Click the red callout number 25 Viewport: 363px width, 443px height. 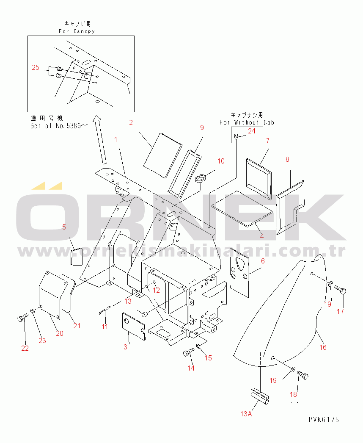[36, 67]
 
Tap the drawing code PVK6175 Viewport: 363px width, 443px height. [324, 420]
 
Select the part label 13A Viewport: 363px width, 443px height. [246, 414]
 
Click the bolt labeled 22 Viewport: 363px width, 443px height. [22, 318]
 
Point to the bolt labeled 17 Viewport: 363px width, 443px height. [341, 290]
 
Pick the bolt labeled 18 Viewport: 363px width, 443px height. [303, 375]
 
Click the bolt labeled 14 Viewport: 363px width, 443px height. [189, 352]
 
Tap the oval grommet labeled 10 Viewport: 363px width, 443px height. [201, 179]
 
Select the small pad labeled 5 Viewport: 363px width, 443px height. [76, 257]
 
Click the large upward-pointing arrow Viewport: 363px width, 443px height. [101, 140]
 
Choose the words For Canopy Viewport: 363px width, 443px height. [77, 31]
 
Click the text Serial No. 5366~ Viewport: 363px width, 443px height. [59, 126]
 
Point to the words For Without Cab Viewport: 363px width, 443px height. [247, 122]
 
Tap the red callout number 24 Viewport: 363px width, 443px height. [251, 131]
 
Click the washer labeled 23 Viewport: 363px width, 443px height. [33, 311]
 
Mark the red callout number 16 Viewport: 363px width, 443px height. [323, 347]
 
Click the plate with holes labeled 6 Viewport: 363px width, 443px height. [239, 273]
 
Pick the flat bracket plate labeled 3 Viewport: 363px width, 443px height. [134, 327]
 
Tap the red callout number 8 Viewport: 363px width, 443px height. [287, 159]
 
